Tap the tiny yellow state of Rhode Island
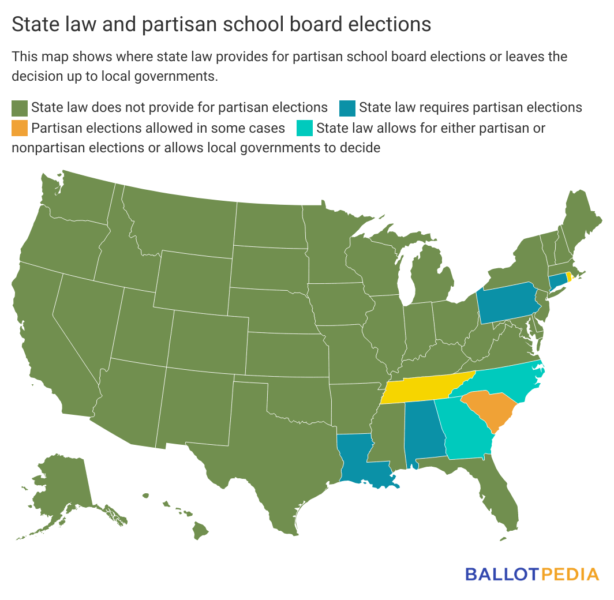pos(569,276)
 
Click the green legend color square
pos(20,108)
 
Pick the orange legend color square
pos(20,127)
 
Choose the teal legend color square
pos(305,127)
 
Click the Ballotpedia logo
pos(531,574)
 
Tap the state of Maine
pos(579,222)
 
